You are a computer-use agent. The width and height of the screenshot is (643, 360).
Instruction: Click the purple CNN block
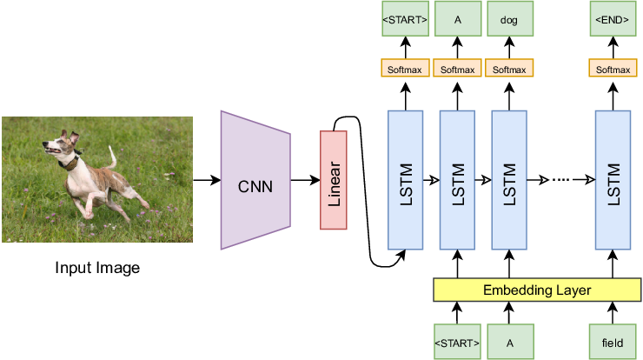[255, 180]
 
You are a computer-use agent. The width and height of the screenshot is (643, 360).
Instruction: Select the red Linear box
[334, 180]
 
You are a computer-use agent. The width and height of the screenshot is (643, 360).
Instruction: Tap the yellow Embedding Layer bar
[536, 290]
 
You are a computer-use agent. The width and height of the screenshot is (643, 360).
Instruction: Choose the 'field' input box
[613, 343]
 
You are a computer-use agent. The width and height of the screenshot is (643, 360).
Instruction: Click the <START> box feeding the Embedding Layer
[457, 343]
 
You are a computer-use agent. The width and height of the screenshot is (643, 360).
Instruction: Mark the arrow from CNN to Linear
[305, 180]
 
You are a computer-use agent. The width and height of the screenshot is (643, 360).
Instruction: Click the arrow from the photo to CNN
[206, 180]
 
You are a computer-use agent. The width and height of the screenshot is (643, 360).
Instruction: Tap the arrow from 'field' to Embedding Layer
[613, 314]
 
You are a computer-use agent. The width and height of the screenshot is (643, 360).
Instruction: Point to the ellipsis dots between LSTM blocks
[561, 180]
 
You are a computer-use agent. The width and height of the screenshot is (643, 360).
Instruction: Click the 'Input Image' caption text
[97, 268]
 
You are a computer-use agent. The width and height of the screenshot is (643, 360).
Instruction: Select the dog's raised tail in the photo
[112, 157]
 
